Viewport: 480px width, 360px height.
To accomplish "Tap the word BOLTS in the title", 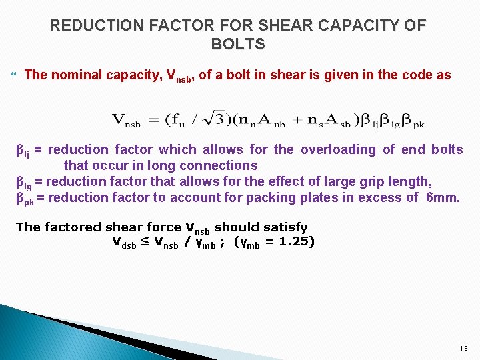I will point(238,45).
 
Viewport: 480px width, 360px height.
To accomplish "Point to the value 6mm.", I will point(442,197).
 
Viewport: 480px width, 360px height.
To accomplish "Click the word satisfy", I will point(283,227).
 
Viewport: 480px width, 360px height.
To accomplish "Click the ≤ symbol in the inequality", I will point(145,241).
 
